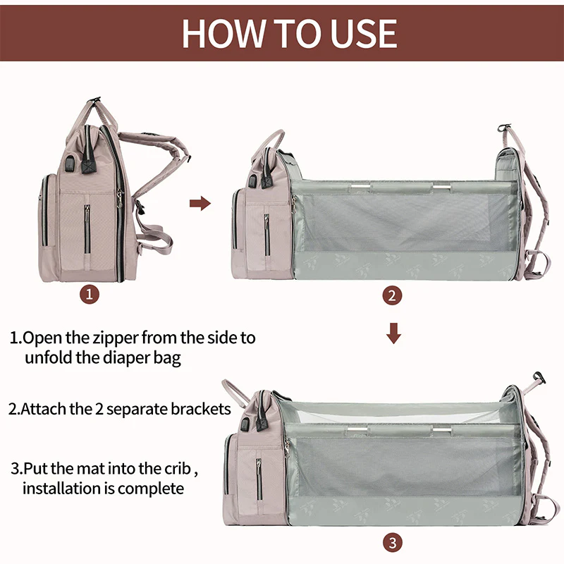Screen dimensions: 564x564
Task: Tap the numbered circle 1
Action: (x=88, y=295)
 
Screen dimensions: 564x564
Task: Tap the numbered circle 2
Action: (x=393, y=295)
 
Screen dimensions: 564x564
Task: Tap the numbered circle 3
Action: (x=393, y=542)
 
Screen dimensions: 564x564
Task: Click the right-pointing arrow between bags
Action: (x=201, y=204)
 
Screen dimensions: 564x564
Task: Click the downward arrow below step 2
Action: (x=393, y=333)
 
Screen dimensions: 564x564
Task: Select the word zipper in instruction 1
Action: (x=118, y=338)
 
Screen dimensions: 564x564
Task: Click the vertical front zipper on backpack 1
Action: (x=87, y=229)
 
